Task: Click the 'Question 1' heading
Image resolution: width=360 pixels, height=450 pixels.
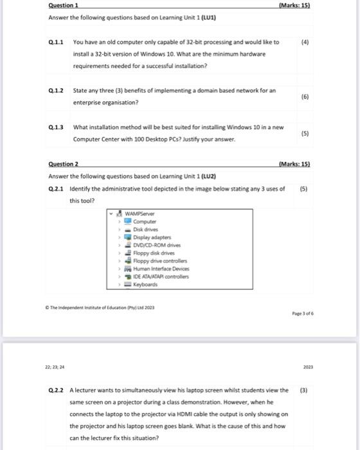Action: coord(63,6)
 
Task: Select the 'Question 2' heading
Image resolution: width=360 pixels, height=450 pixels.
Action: coord(63,165)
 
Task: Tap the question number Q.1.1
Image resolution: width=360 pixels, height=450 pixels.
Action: coord(56,42)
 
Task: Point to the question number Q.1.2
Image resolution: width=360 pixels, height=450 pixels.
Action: coord(56,91)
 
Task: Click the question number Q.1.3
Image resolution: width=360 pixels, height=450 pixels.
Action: coord(56,127)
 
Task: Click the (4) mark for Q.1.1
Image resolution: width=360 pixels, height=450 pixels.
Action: coord(303,42)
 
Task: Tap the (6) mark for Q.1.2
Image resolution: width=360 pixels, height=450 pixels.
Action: coord(303,96)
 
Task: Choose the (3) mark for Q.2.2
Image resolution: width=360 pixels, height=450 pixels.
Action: coord(303,390)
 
